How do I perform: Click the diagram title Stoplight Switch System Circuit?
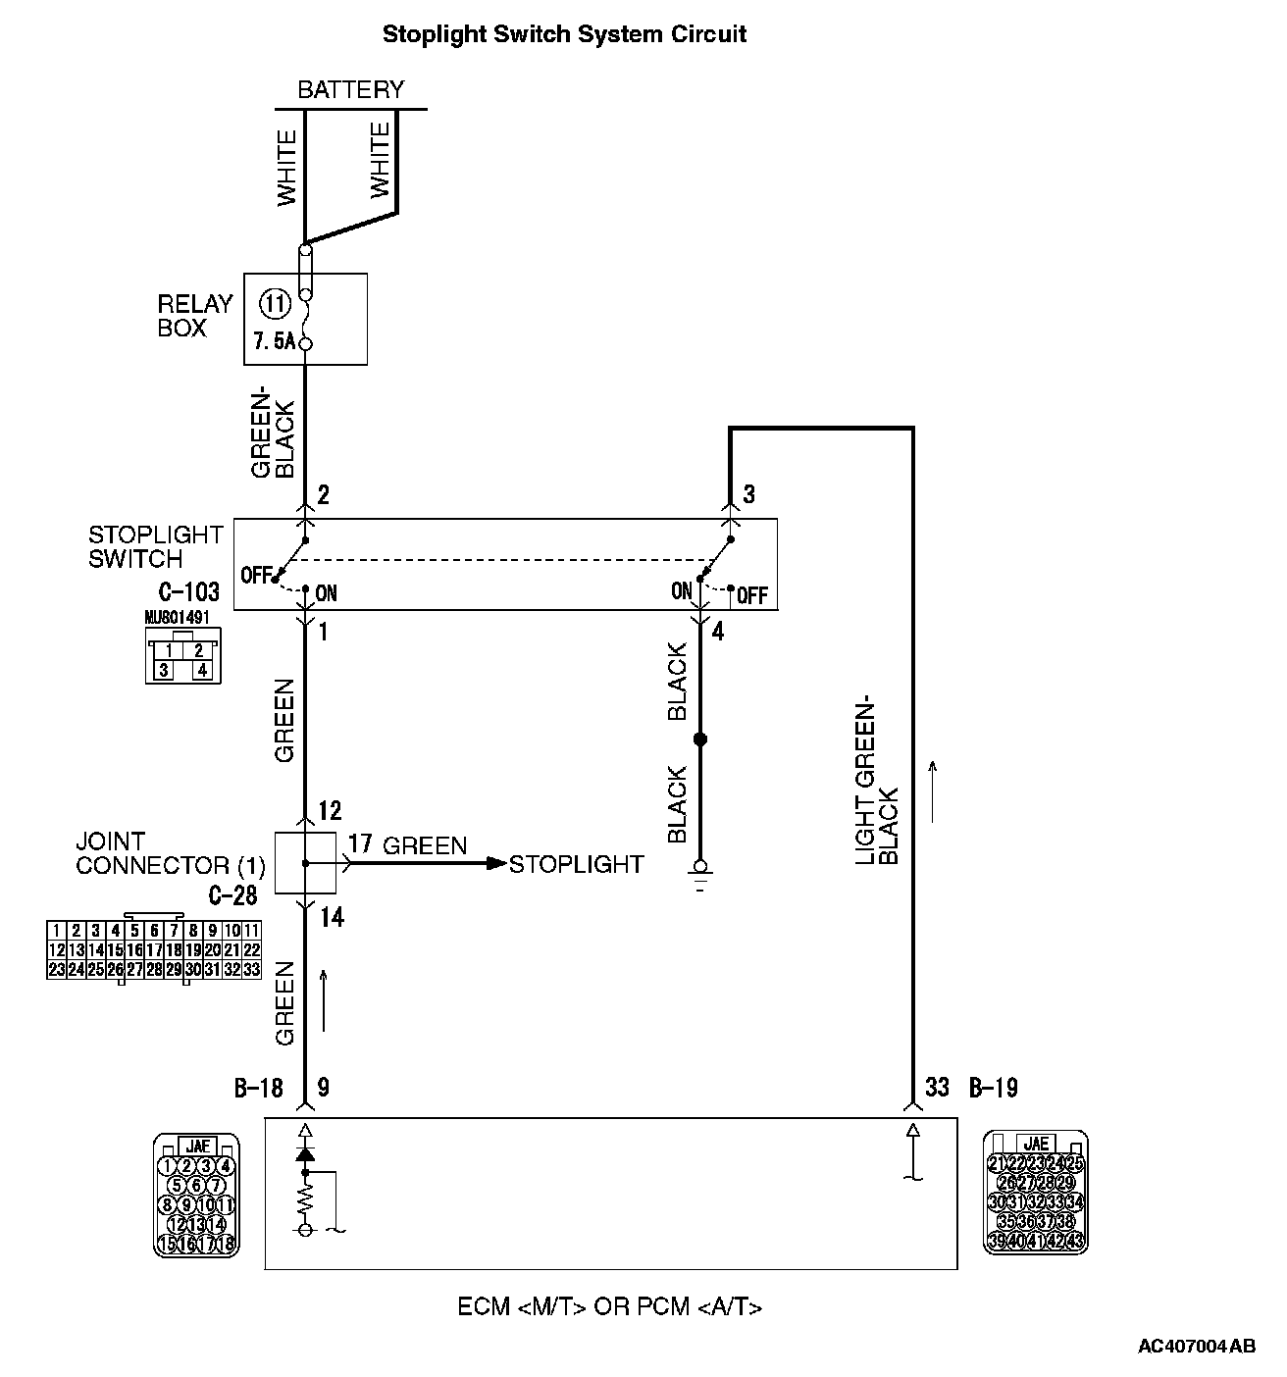pos(564,34)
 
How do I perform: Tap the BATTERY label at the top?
pos(350,90)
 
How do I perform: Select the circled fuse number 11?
pos(276,304)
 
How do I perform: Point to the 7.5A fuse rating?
pos(274,342)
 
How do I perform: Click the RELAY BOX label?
pos(194,316)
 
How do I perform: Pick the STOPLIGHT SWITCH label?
pos(156,547)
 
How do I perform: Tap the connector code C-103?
pos(188,592)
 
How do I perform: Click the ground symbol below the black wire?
pos(699,871)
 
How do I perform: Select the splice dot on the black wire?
pos(699,739)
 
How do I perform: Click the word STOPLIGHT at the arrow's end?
pos(576,864)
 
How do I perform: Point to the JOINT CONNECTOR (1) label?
pos(170,853)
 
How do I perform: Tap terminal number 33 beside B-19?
pos(937,1087)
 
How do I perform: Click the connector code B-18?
pos(258,1087)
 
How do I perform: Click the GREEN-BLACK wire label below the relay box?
pos(273,433)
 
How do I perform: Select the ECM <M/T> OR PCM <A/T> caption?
pos(609,1307)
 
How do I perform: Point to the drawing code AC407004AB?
pos(1196,1347)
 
